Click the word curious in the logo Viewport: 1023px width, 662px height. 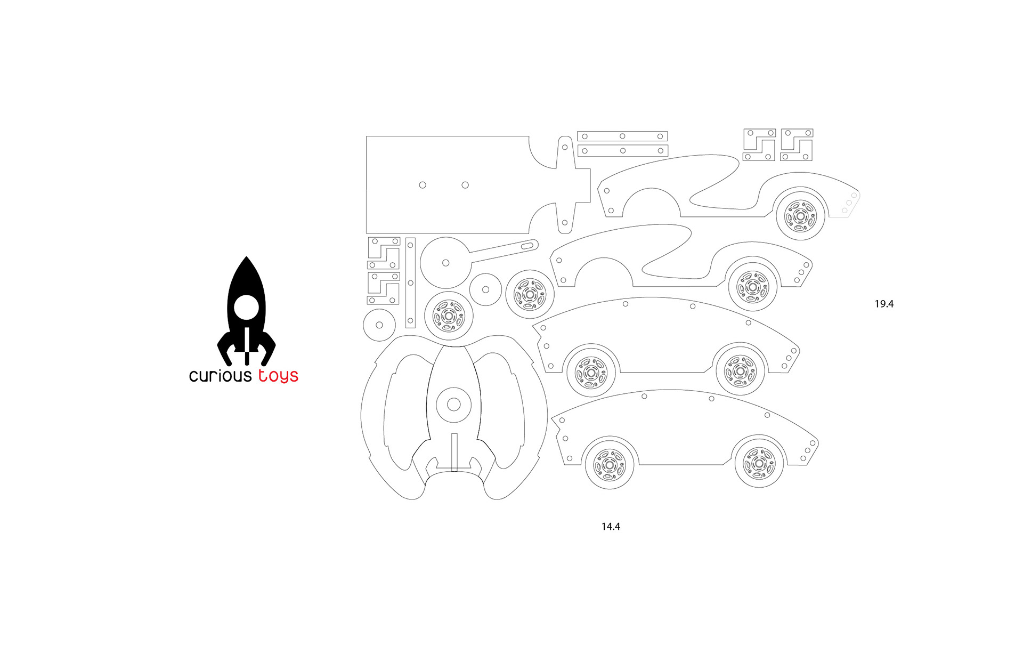click(220, 376)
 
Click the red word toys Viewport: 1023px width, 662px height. click(278, 376)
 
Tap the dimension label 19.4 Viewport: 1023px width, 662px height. click(884, 304)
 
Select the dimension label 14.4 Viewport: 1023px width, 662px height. click(611, 527)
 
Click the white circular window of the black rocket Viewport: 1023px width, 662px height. click(246, 308)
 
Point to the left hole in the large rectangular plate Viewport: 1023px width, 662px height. click(423, 185)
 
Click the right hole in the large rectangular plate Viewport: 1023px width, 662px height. click(465, 185)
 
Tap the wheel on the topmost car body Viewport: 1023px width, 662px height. click(800, 216)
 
